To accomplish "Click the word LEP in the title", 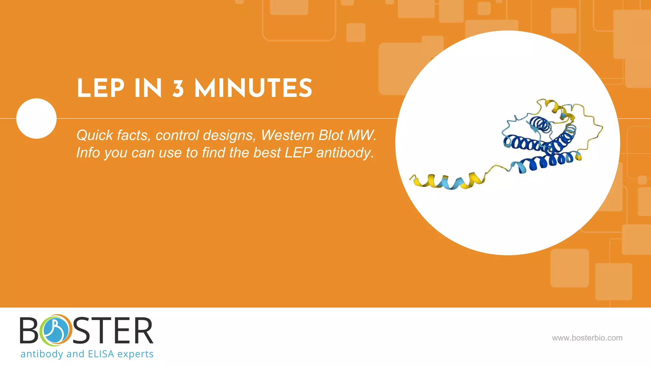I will tap(100, 89).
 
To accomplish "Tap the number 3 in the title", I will tap(178, 89).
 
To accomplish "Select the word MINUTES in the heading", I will tap(253, 89).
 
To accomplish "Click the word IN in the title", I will tap(148, 89).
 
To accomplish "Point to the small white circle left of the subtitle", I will tap(36, 119).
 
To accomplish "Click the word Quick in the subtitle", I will tap(95, 136).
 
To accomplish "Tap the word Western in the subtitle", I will tap(287, 136).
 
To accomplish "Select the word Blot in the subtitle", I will tap(331, 136).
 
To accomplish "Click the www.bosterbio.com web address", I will tap(587, 338).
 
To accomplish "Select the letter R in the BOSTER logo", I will tap(142, 331).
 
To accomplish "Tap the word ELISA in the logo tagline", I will tap(101, 354).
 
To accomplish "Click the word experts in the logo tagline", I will tap(135, 354).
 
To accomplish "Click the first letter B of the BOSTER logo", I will tap(29, 331).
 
